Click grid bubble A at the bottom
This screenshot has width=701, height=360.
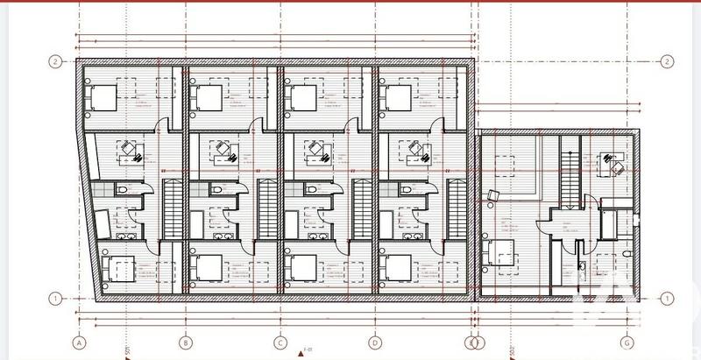[79, 342]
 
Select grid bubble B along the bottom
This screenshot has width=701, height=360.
[185, 342]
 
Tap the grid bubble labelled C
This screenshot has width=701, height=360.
[280, 342]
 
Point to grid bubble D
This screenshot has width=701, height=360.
[373, 342]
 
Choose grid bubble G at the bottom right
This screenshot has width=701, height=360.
[627, 342]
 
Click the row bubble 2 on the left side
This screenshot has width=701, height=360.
[54, 61]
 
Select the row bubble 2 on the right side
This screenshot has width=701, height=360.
[668, 61]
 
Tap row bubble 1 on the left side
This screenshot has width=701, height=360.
[54, 298]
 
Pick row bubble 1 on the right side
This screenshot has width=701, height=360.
[668, 298]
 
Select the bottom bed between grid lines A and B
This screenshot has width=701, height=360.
[116, 265]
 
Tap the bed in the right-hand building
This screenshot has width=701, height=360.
[502, 251]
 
